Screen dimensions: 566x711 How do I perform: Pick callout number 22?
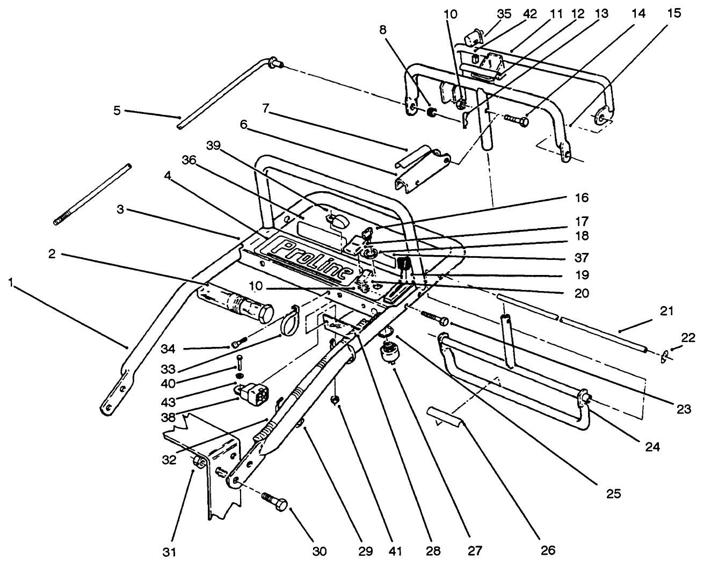[688, 338]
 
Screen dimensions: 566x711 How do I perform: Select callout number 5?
[117, 111]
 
